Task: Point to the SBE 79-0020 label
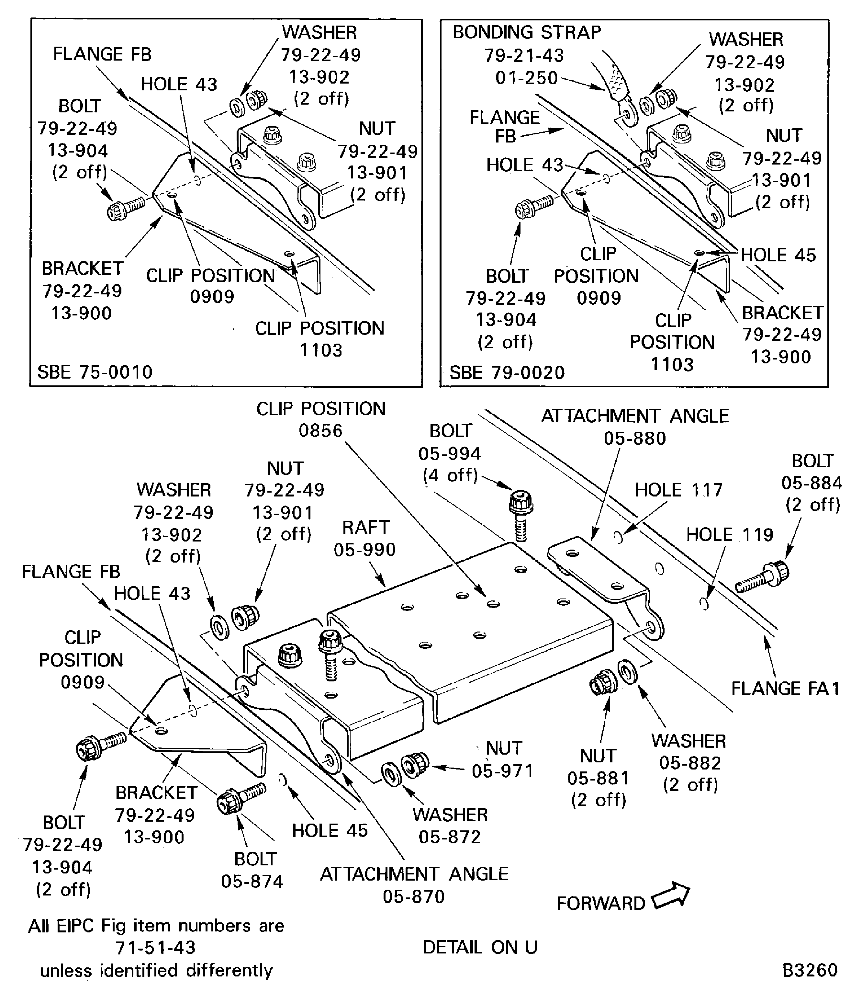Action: click(x=507, y=372)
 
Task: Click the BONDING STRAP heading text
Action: click(x=527, y=32)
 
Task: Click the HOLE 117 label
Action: click(x=678, y=490)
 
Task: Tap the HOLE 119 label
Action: click(x=729, y=535)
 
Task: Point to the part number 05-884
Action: click(x=812, y=483)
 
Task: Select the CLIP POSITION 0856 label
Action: click(x=321, y=419)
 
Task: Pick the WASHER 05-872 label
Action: click(x=450, y=826)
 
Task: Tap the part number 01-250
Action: click(x=526, y=77)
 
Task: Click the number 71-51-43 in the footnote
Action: click(x=156, y=947)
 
